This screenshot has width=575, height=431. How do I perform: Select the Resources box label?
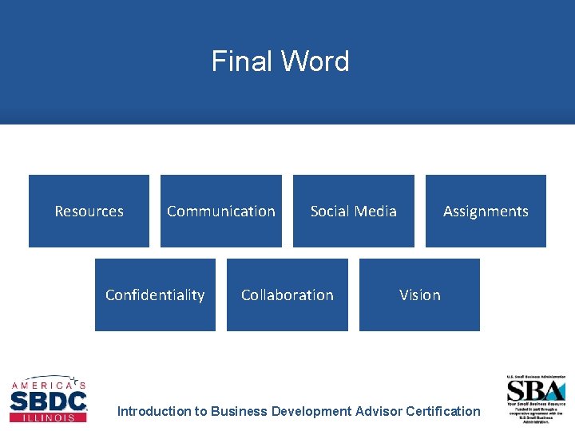[89, 212]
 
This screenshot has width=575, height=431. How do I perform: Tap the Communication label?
[221, 212]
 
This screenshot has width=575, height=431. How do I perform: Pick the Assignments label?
[486, 212]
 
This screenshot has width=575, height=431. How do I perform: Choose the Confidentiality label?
[155, 295]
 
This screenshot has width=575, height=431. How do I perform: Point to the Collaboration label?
[287, 295]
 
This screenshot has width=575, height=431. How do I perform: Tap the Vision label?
[420, 295]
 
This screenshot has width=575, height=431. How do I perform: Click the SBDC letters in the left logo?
[48, 400]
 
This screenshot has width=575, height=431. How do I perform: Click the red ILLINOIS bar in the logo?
[48, 417]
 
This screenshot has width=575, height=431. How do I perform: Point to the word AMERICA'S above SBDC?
[48, 385]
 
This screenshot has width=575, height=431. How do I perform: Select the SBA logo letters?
[536, 390]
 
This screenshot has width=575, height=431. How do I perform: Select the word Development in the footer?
[311, 412]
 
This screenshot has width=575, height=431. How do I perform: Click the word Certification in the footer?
[443, 412]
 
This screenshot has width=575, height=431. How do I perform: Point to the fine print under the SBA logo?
[536, 414]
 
